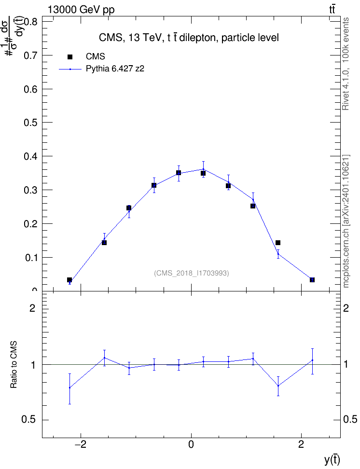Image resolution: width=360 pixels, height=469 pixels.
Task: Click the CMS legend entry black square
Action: pyautogui.click(x=70, y=57)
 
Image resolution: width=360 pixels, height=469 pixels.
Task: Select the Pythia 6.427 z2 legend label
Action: pyautogui.click(x=115, y=69)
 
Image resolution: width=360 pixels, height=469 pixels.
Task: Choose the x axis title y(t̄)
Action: pyautogui.click(x=332, y=460)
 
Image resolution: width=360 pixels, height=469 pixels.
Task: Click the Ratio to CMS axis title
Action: pyautogui.click(x=14, y=365)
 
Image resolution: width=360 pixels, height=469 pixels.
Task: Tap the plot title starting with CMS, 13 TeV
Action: pyautogui.click(x=189, y=38)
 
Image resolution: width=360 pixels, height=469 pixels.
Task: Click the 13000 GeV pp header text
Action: pyautogui.click(x=81, y=10)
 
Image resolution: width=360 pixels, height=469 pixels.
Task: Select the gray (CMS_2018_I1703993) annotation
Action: pyautogui.click(x=192, y=273)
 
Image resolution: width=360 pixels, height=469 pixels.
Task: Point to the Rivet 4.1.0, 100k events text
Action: pyautogui.click(x=346, y=64)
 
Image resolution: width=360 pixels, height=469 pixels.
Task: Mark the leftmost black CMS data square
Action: pyautogui.click(x=69, y=280)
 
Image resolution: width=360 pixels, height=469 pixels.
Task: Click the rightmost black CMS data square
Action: pyautogui.click(x=312, y=280)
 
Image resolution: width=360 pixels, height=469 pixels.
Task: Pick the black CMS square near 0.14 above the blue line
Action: pyautogui.click(x=277, y=243)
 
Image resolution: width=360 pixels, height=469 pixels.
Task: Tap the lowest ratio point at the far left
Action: pyautogui.click(x=69, y=387)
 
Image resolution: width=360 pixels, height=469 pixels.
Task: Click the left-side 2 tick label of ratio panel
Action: pyautogui.click(x=32, y=308)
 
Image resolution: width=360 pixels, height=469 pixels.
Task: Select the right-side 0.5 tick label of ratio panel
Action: pyautogui.click(x=350, y=420)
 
